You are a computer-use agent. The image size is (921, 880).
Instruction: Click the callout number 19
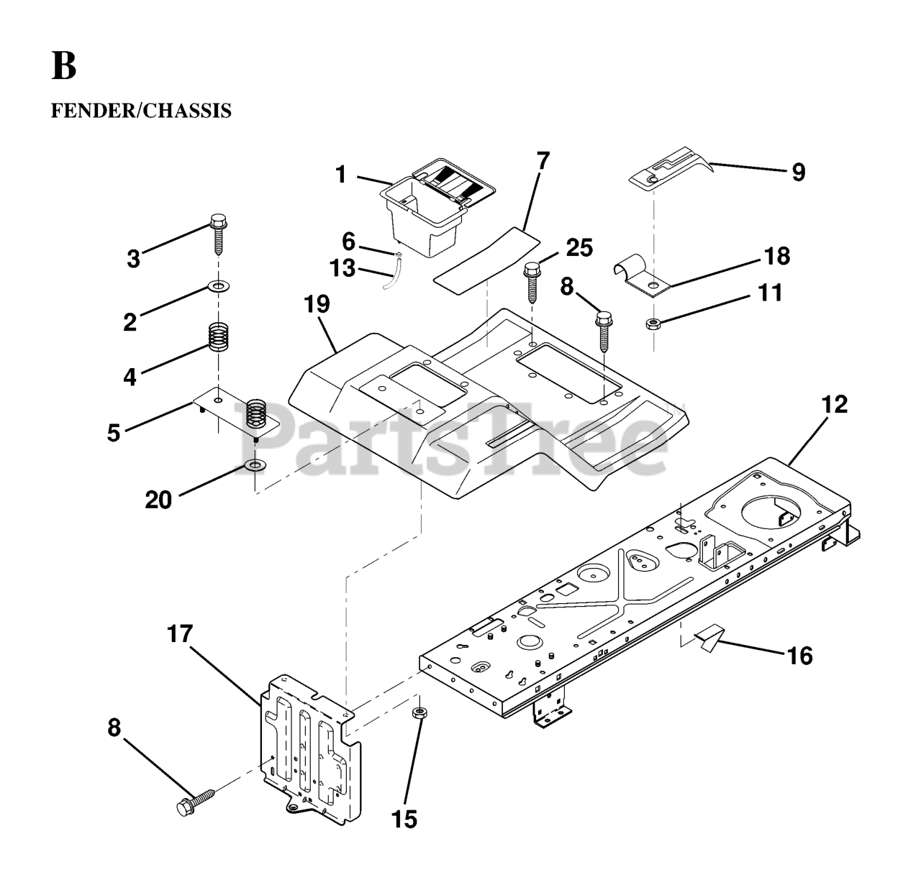coord(317,304)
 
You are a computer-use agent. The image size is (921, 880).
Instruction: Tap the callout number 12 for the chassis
coord(835,404)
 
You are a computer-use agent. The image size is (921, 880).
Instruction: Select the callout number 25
coord(579,248)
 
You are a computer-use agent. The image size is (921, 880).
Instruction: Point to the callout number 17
coord(180,634)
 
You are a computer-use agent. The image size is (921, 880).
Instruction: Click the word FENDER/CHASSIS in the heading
coord(141,111)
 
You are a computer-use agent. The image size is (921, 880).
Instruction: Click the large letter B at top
coord(63,66)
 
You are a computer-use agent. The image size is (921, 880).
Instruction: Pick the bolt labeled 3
coord(218,233)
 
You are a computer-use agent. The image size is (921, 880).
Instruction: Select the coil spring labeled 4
coord(218,336)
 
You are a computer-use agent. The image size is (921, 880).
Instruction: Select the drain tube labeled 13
coord(391,275)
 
